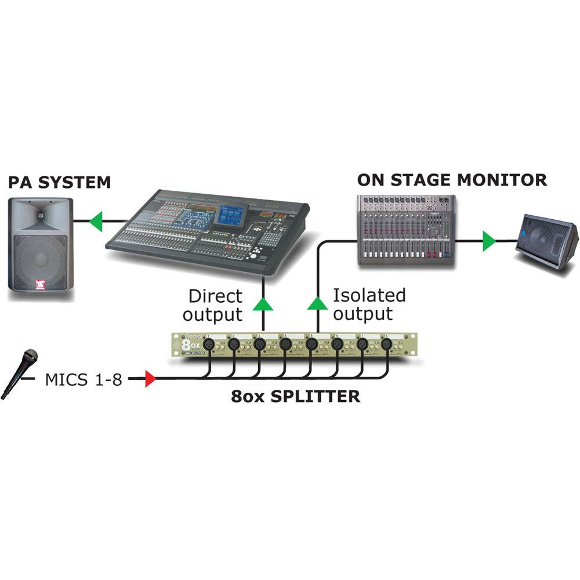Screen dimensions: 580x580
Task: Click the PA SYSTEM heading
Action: click(x=59, y=182)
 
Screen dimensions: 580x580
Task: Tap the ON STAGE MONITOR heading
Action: click(x=452, y=180)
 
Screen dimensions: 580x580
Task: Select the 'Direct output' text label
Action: click(x=215, y=306)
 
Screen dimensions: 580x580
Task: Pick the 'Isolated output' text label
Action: click(x=369, y=304)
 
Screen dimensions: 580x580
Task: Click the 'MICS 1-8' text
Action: click(x=84, y=380)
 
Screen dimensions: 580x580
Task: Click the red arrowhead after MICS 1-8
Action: click(x=150, y=380)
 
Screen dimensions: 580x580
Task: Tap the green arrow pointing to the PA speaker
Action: click(x=95, y=222)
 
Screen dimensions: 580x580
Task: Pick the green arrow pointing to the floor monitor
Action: click(x=490, y=241)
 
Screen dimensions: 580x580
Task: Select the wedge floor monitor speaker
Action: click(x=546, y=240)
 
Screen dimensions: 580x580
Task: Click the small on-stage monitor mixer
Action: click(x=405, y=230)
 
